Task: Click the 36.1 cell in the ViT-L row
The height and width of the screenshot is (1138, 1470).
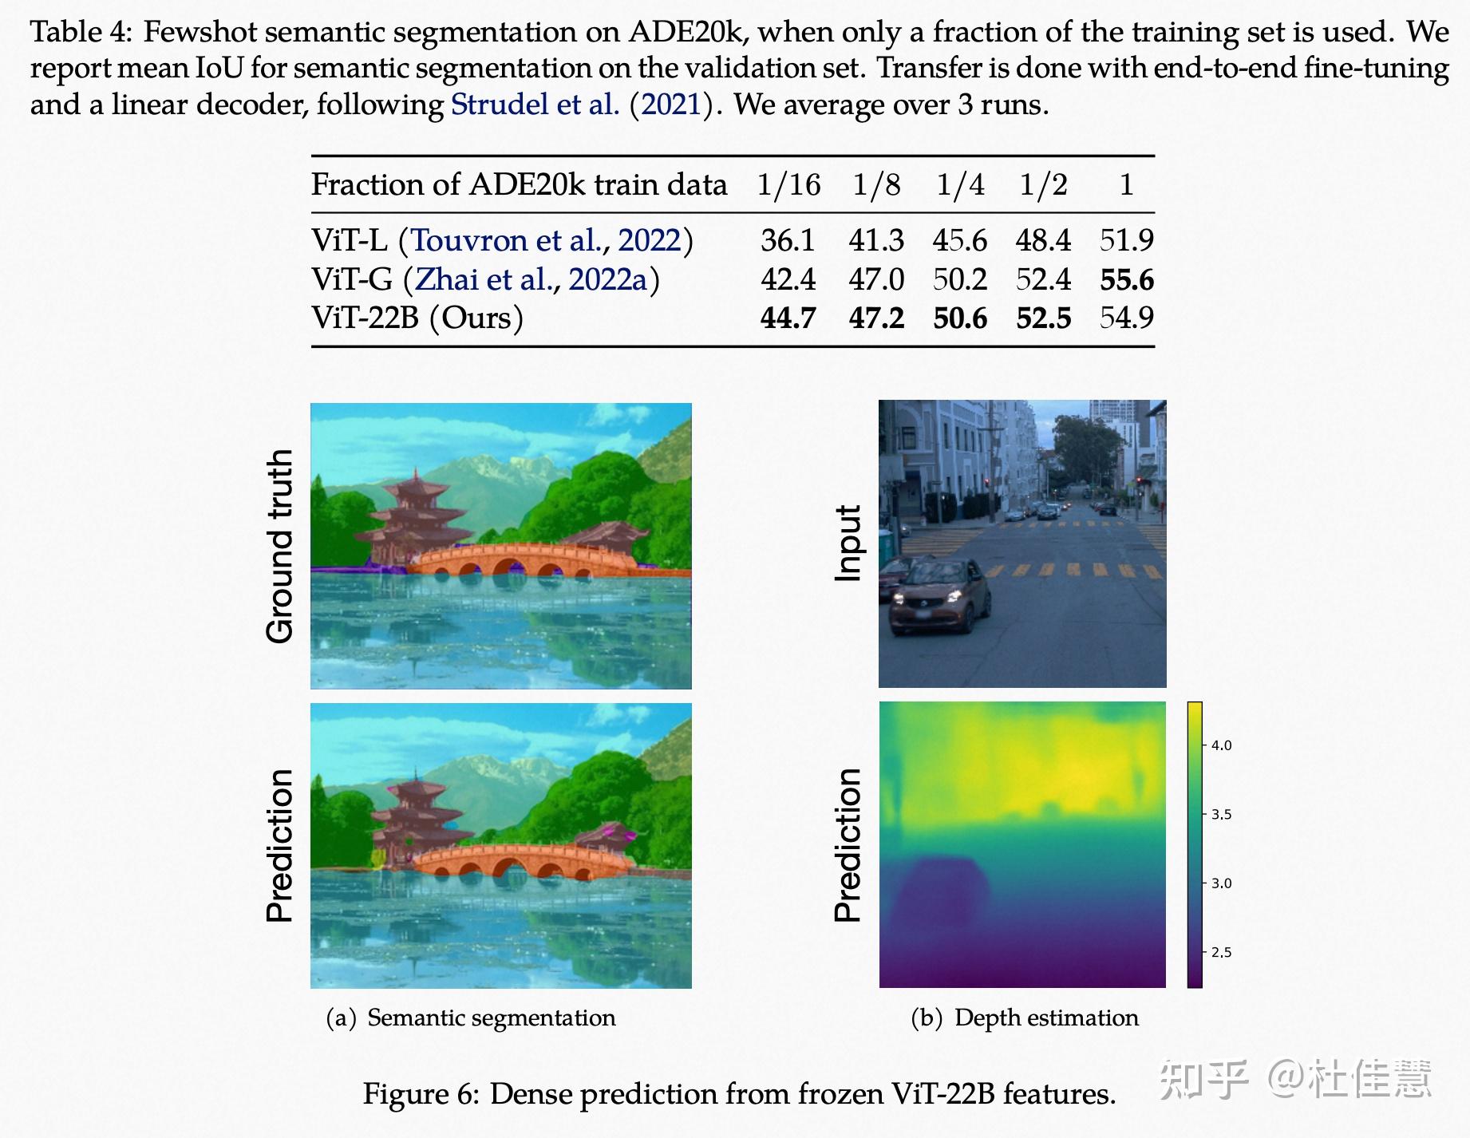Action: point(788,240)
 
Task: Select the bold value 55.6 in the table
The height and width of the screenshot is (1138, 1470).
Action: point(1126,279)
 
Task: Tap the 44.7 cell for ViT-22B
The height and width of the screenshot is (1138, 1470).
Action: point(788,318)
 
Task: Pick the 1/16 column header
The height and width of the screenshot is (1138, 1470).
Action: point(788,185)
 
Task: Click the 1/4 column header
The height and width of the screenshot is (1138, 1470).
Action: point(959,185)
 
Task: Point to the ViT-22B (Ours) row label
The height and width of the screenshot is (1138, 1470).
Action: point(417,318)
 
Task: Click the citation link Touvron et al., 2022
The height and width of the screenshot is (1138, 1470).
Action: point(546,240)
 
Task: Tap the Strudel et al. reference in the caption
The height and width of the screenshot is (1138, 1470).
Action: point(535,105)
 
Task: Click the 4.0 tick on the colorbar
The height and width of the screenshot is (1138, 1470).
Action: point(1221,745)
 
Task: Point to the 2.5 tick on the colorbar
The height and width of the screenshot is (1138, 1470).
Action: point(1221,952)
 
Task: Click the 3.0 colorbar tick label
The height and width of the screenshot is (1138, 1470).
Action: point(1221,883)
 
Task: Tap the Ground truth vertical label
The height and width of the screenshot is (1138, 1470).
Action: point(280,546)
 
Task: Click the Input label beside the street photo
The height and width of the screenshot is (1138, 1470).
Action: point(848,543)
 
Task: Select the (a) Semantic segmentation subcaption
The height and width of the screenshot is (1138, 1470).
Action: point(471,1018)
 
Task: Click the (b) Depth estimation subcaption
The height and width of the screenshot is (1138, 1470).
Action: point(1025,1018)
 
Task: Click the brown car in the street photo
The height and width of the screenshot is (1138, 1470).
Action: point(939,595)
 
